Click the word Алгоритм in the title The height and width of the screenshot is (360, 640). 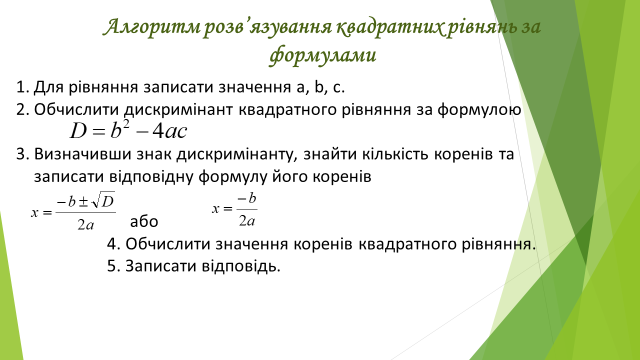pyautogui.click(x=151, y=26)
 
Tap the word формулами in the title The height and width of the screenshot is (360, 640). pyautogui.click(x=322, y=54)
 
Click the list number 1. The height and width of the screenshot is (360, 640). pyautogui.click(x=23, y=86)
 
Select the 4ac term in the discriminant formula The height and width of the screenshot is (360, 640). pyautogui.click(x=169, y=131)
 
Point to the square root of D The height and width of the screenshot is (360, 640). pyautogui.click(x=103, y=200)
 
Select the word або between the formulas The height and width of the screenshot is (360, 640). pyautogui.click(x=144, y=221)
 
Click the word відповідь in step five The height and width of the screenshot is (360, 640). pyautogui.click(x=241, y=266)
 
